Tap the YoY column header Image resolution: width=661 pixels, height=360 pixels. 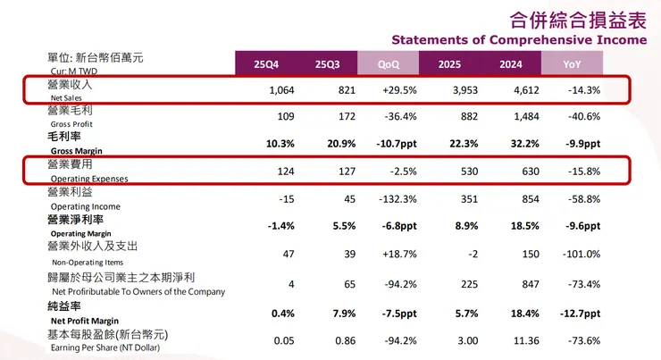(x=572, y=64)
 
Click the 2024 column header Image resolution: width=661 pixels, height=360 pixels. (x=510, y=64)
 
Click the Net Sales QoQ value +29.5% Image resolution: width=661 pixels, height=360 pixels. (x=394, y=90)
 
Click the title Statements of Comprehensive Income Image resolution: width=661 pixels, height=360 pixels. (x=519, y=40)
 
